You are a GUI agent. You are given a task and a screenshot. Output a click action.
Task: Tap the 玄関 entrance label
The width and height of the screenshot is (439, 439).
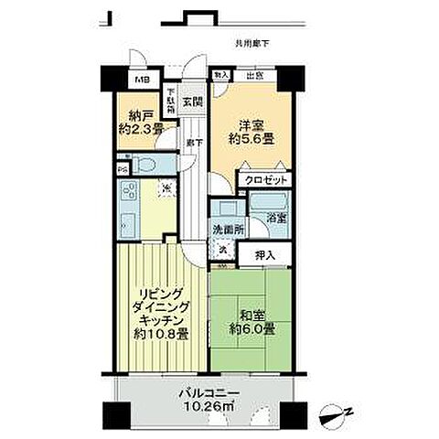pos(191,101)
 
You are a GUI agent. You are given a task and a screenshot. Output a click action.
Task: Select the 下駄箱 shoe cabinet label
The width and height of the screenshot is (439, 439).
pos(172,98)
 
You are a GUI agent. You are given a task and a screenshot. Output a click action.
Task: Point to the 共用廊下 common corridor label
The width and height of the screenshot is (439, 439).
pos(253,43)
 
